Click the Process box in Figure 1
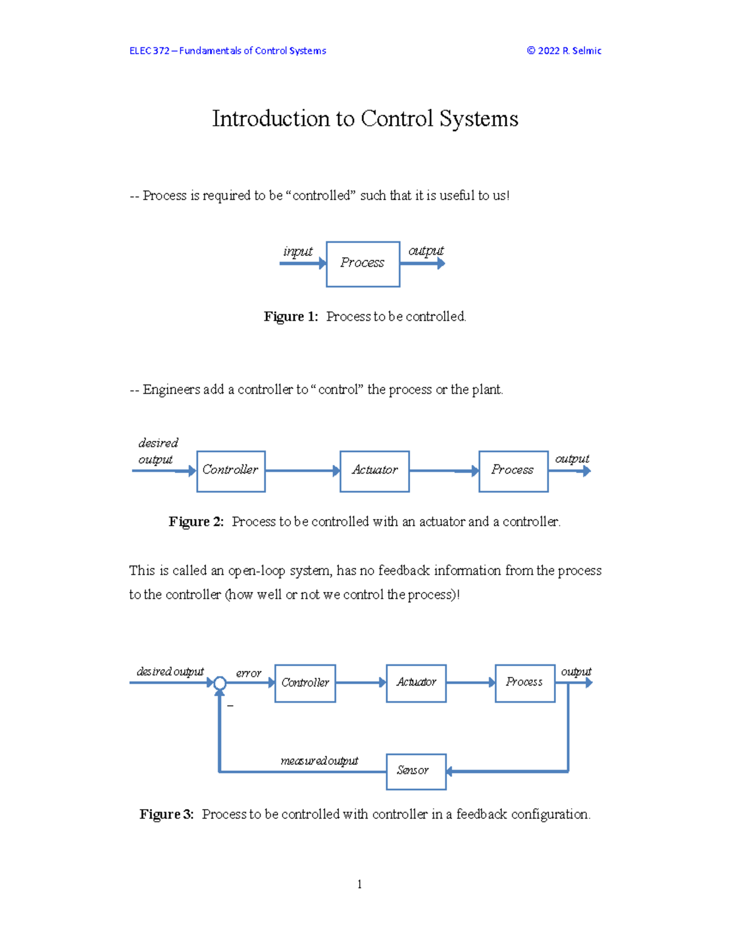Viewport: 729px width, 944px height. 363,264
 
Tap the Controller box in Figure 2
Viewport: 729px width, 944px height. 231,471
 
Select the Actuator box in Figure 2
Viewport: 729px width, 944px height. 374,471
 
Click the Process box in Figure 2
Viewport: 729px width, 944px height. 513,471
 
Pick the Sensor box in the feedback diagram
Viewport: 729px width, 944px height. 416,771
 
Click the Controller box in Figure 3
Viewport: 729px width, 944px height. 305,683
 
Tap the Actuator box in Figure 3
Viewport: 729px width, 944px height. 416,683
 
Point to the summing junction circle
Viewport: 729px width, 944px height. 220,683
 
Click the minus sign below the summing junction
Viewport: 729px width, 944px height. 230,706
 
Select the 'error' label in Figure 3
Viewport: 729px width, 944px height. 248,673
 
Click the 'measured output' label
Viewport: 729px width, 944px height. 320,760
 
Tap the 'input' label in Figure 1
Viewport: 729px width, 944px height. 298,251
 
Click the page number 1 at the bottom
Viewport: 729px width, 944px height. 360,884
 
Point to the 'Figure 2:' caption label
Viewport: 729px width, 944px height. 196,522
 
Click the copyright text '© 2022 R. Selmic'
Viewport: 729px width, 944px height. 564,50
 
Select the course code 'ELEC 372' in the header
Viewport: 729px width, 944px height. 149,50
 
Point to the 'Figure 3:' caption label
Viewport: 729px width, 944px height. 166,815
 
